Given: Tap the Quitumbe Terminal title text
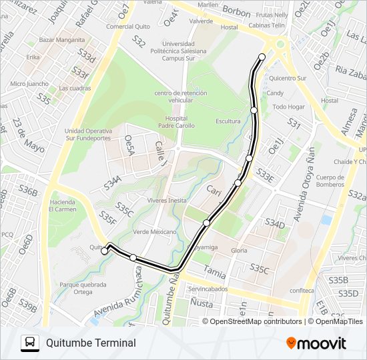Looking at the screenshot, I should (x=91, y=343).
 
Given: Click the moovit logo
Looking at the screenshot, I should (x=316, y=343).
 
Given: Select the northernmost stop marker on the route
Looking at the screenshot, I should (x=262, y=57).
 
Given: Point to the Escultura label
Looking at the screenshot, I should (x=228, y=121).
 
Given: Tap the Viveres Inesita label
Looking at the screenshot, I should (x=167, y=200).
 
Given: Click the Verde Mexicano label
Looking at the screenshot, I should (x=154, y=232).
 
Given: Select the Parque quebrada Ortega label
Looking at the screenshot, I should (x=83, y=288).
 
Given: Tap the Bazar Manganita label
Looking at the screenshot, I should (x=58, y=40).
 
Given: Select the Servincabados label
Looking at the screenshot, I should (x=208, y=289).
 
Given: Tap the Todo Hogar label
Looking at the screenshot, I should (x=288, y=107).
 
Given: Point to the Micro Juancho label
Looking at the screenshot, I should (x=29, y=84).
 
